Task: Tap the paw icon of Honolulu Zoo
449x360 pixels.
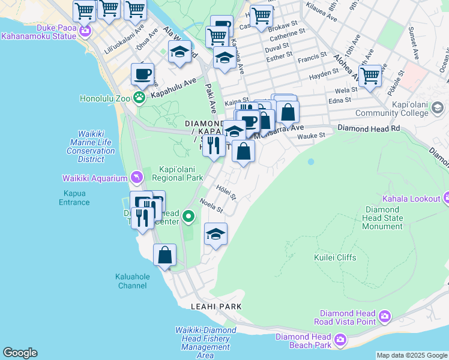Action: pyautogui.click(x=139, y=96)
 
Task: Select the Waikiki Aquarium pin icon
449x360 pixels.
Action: pyautogui.click(x=137, y=178)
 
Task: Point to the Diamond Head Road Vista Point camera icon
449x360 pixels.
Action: pyautogui.click(x=384, y=316)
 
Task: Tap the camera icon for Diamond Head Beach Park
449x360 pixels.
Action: pyautogui.click(x=340, y=341)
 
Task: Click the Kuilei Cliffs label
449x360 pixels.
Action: pyautogui.click(x=335, y=257)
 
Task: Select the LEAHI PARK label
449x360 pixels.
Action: pyautogui.click(x=216, y=306)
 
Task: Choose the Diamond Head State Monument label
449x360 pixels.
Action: pyautogui.click(x=383, y=218)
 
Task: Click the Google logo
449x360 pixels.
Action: pyautogui.click(x=20, y=353)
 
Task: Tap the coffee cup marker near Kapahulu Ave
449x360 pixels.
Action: pyautogui.click(x=142, y=74)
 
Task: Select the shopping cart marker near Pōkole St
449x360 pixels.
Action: pyautogui.click(x=370, y=76)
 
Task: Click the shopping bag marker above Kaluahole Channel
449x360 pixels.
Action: pyautogui.click(x=164, y=255)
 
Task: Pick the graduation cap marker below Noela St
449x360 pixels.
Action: pyautogui.click(x=215, y=235)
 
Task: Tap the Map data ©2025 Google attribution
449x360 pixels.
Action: pyautogui.click(x=412, y=355)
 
